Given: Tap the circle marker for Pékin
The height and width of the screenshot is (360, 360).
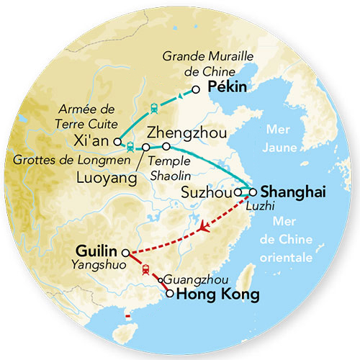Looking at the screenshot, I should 195,89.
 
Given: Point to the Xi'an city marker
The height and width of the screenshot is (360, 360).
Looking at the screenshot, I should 117,142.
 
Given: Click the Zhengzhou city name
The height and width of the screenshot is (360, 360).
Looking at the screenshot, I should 186,132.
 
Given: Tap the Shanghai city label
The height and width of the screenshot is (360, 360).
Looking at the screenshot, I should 293,192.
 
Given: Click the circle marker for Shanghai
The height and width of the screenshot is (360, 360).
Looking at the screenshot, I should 252,192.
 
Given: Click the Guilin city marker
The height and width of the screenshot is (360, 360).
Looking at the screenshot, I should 125,253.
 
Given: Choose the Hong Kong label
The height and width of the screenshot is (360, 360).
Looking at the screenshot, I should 212,294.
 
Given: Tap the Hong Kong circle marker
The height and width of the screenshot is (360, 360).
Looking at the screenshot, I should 170,293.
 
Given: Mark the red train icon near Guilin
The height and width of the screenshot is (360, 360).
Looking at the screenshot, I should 145,269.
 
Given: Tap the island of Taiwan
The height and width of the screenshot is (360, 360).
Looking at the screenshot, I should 245,274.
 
